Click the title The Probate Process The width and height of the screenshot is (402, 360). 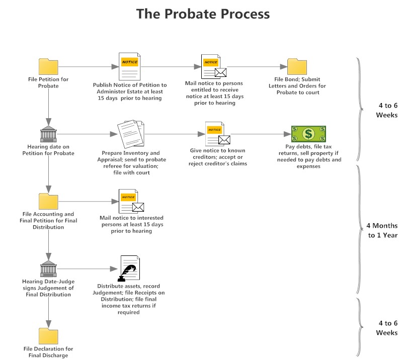(203, 14)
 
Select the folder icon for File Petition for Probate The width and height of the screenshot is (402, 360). (48, 66)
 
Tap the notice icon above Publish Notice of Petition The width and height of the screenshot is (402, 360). (130, 66)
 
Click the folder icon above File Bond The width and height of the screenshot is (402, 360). (297, 66)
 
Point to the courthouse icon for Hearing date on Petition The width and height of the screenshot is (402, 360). (48, 134)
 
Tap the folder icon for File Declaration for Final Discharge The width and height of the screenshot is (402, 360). (48, 336)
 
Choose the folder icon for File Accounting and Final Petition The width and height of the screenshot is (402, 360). (48, 201)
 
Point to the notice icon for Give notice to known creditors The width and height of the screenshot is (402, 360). (217, 134)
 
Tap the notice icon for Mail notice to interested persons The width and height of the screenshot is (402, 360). (130, 201)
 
